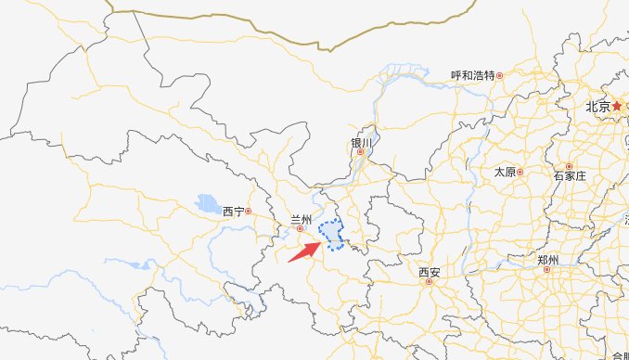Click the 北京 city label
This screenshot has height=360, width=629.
point(597,107)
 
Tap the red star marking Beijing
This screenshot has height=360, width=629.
point(617,107)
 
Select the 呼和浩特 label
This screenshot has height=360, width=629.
point(472,75)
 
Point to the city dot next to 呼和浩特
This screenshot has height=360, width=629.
point(499,75)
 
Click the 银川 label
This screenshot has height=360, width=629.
point(361,143)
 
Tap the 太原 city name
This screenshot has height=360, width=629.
point(505,172)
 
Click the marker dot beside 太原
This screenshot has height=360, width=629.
point(520,172)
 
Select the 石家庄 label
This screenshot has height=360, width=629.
point(570,175)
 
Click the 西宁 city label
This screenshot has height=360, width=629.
point(233,212)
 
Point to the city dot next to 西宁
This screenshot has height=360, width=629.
point(249,212)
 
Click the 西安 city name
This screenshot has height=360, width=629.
point(429,273)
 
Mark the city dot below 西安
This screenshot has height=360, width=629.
point(429,282)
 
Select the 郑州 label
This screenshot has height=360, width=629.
point(547,260)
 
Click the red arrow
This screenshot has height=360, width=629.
point(303,251)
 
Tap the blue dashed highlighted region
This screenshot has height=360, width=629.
point(332,235)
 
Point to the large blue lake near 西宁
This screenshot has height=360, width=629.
point(206,202)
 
